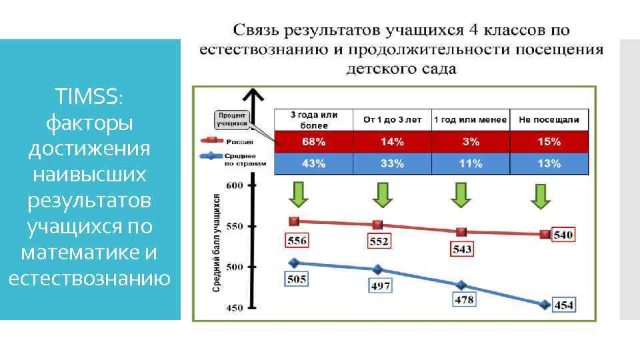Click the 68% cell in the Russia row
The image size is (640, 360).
click(x=313, y=142)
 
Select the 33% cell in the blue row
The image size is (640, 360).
click(x=392, y=164)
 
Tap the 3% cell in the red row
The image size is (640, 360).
click(x=471, y=142)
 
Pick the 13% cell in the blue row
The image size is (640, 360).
click(x=549, y=164)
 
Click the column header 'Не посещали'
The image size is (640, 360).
click(x=549, y=120)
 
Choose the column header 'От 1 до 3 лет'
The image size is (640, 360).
click(x=392, y=120)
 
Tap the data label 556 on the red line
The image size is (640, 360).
click(x=297, y=239)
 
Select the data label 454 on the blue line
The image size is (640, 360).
click(x=564, y=305)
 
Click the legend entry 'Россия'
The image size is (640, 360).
click(x=237, y=141)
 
